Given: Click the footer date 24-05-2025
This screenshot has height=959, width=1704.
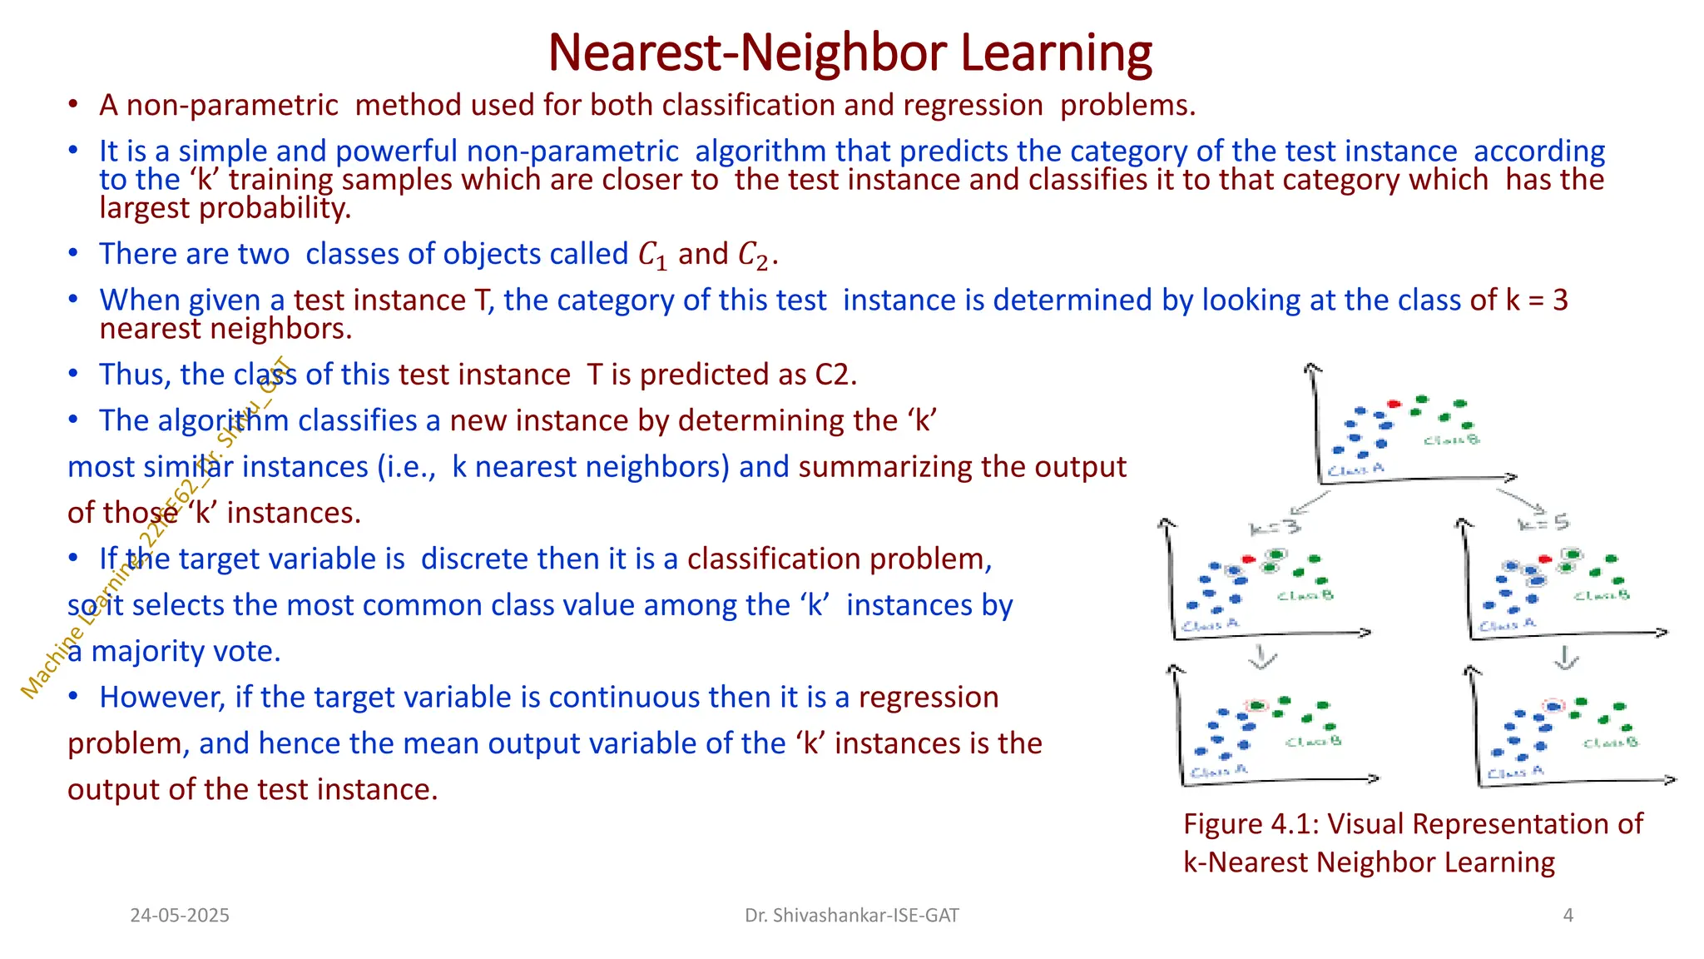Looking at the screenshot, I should [x=180, y=916].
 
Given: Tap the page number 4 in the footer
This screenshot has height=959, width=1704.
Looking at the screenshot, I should [x=1568, y=916].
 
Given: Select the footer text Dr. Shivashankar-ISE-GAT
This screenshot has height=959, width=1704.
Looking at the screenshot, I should [x=851, y=916].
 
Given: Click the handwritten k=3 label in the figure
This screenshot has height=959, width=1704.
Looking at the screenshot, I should [x=1274, y=528].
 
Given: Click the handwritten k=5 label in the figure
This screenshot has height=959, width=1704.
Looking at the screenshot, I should [x=1543, y=523].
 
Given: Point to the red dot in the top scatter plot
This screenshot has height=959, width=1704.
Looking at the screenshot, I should [x=1394, y=405].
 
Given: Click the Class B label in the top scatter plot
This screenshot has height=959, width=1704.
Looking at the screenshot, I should [x=1451, y=440].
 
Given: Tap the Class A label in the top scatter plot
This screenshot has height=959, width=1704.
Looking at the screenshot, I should [x=1355, y=470].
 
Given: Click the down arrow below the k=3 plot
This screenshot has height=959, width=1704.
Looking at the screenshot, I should [x=1262, y=658].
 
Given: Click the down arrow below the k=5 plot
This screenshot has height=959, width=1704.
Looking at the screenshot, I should [x=1566, y=658].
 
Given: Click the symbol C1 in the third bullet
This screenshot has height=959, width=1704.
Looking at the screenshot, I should [x=652, y=255].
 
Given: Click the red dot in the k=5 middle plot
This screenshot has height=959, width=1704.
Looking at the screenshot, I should [x=1545, y=559].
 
